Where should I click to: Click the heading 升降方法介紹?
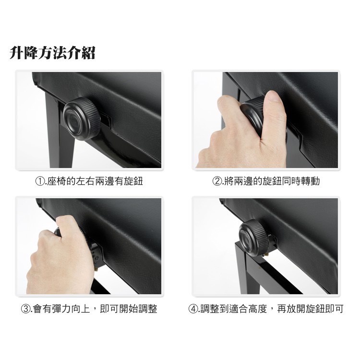[x=52, y=53]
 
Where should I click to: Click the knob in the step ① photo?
[x=82, y=119]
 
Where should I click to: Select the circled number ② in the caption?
[x=216, y=181]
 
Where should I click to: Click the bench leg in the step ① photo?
[x=60, y=133]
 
